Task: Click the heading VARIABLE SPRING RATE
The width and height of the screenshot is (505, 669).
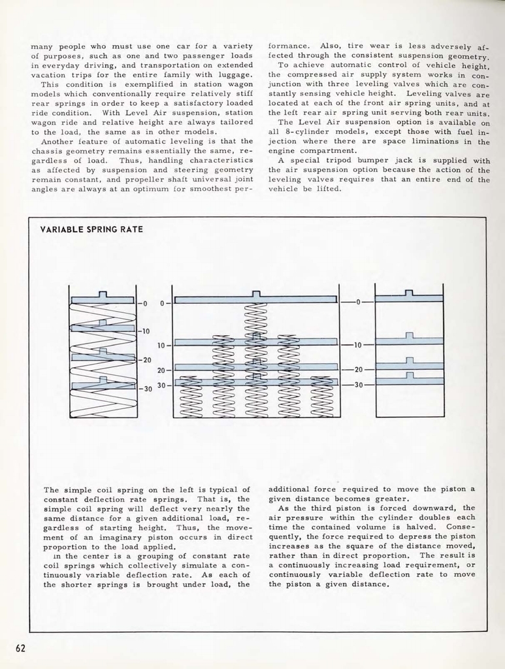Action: pyautogui.click(x=91, y=229)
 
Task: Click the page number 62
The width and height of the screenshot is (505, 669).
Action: pyautogui.click(x=20, y=648)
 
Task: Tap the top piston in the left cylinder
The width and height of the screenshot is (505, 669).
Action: pyautogui.click(x=103, y=299)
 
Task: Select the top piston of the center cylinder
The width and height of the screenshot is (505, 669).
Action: pyautogui.click(x=255, y=299)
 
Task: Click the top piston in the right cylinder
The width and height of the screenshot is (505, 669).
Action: pyautogui.click(x=409, y=298)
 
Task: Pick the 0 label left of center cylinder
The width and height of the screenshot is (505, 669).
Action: pyautogui.click(x=162, y=303)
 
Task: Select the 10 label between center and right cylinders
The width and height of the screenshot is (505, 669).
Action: pyautogui.click(x=357, y=344)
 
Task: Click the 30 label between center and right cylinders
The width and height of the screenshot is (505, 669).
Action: pyautogui.click(x=357, y=385)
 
